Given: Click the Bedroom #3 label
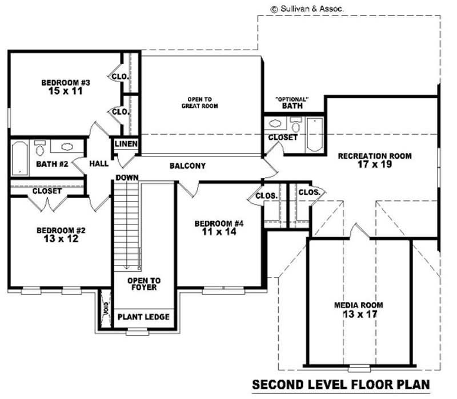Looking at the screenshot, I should pos(66,83).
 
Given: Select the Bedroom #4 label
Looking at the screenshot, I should pos(219,223).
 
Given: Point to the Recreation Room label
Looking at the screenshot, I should pos(374,156).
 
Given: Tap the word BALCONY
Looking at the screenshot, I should pos(187,166).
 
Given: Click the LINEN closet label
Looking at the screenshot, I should pos(126,144).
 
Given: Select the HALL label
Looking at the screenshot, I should pos(99,164).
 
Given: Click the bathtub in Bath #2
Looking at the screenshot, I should pos(20,158).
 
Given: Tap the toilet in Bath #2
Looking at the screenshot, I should pos(40,150).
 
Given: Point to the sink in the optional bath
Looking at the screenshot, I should pos(274,123).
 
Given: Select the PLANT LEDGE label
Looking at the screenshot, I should pos(143,317).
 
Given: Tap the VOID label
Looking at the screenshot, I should pos(105,308).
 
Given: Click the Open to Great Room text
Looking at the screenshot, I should pos(200,102).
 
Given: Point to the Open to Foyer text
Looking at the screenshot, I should pos(143,284).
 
